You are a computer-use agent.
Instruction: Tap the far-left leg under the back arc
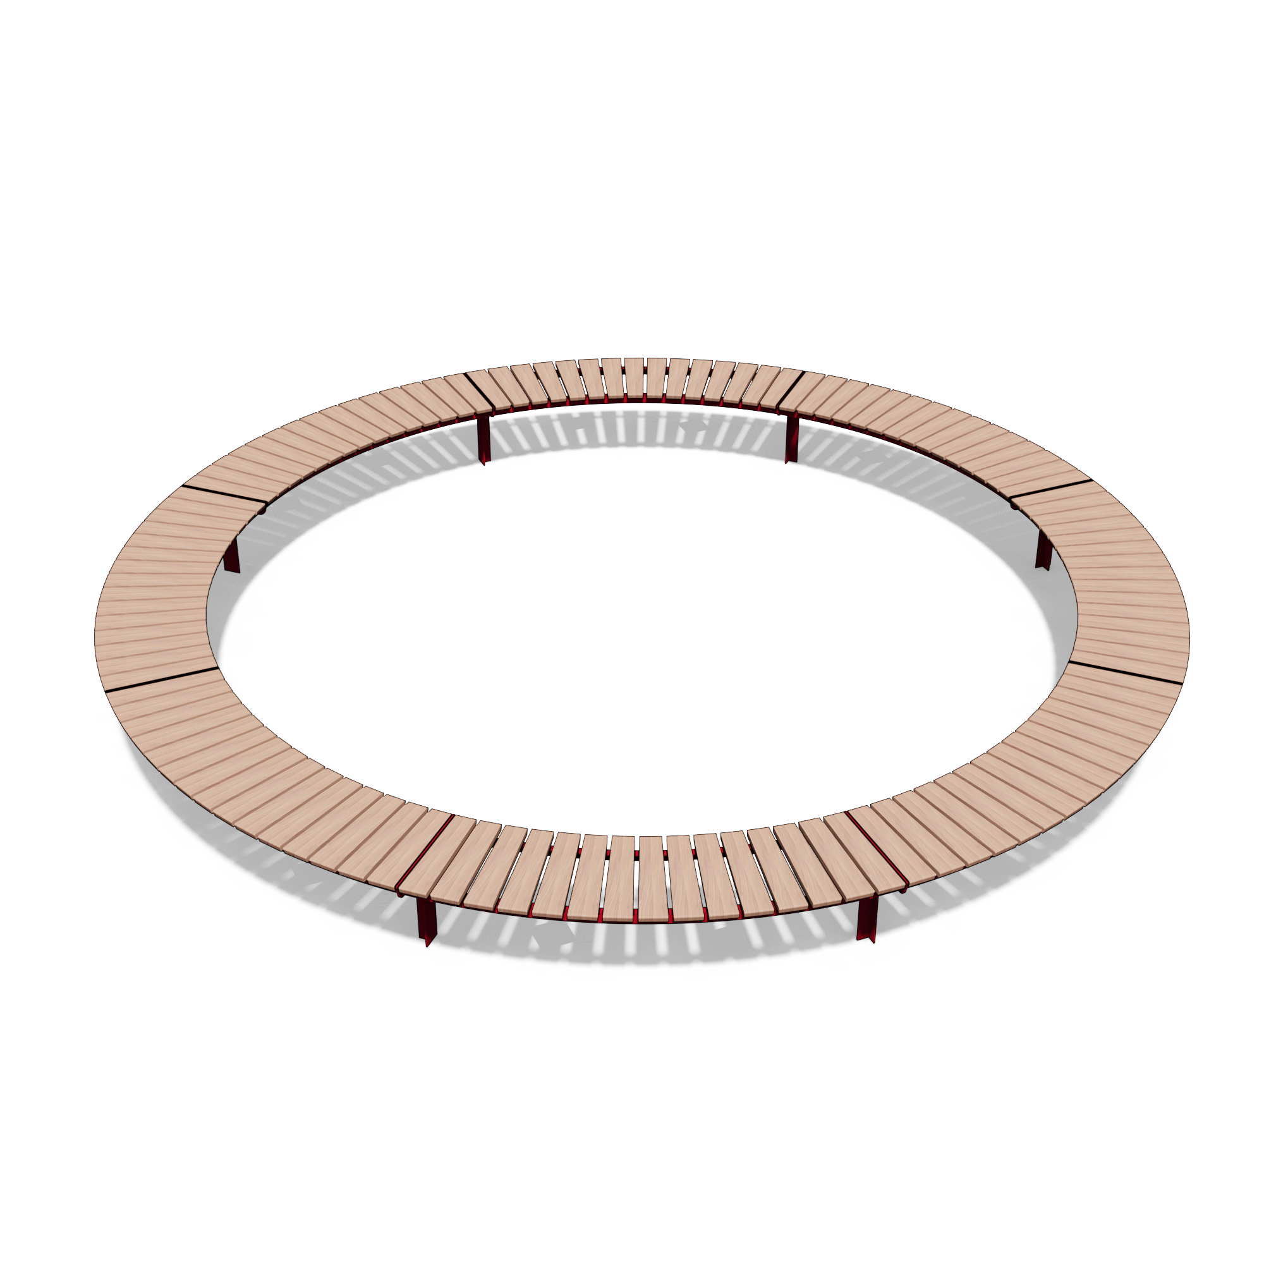point(483,439)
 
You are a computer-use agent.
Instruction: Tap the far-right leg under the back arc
point(792,438)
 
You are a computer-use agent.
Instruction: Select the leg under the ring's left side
point(231,558)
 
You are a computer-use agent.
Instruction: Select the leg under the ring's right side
point(1043,552)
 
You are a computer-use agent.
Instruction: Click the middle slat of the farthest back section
point(634,378)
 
